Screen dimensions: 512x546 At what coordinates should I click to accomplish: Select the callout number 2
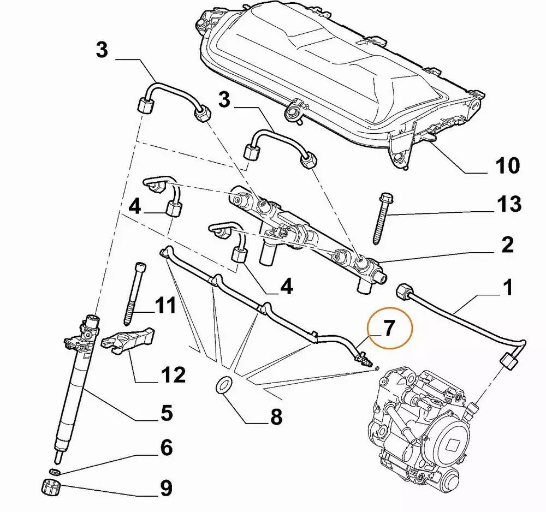tap(507, 245)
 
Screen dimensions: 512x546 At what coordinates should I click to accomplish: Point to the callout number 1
tap(507, 287)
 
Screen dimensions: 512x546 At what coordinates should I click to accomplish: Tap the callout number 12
tap(173, 374)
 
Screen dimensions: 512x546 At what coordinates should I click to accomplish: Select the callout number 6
tap(165, 449)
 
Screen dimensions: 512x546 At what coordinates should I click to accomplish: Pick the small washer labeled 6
tap(54, 471)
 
